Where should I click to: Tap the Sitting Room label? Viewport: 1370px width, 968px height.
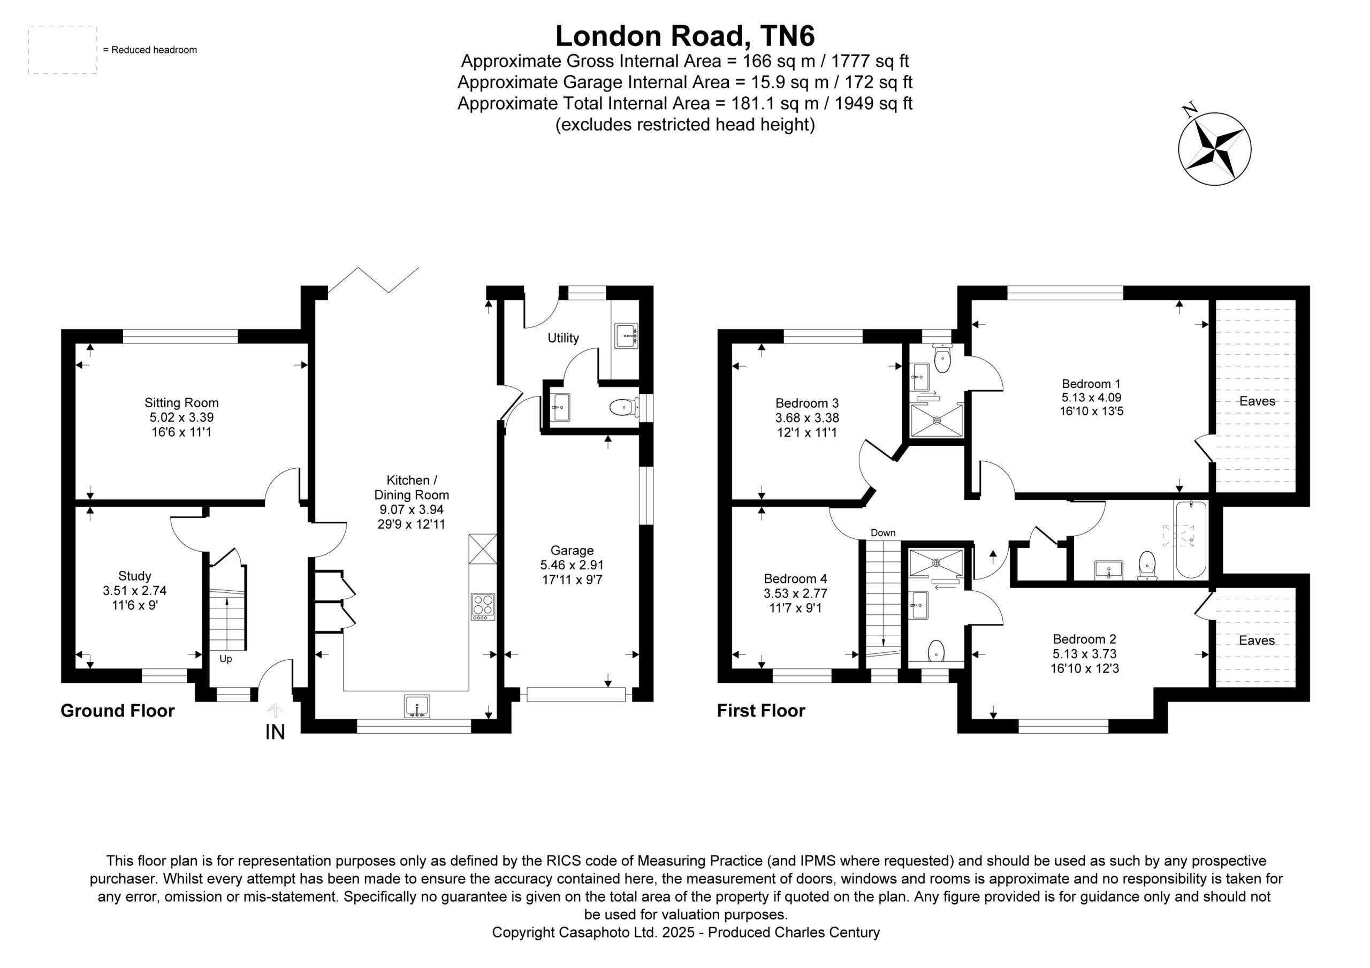(x=181, y=403)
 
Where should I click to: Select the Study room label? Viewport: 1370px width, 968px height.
(x=134, y=576)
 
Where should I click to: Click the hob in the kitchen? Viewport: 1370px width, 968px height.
(x=483, y=606)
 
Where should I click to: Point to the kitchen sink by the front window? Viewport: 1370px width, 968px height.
(x=416, y=706)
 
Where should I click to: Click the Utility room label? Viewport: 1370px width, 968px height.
(x=564, y=338)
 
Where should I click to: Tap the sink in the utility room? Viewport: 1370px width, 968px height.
(x=626, y=336)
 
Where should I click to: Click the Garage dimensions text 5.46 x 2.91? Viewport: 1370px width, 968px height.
(x=572, y=565)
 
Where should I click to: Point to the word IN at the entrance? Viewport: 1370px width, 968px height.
(x=275, y=732)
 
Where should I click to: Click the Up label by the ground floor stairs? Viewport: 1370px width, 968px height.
(x=225, y=659)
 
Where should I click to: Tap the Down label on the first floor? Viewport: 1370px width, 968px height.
(x=883, y=533)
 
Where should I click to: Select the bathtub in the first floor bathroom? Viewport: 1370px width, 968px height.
(x=1190, y=540)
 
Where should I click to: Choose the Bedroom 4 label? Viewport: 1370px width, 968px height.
(x=795, y=578)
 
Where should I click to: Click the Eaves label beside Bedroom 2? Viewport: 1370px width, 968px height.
(x=1257, y=641)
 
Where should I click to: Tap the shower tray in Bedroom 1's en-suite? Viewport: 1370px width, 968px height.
(x=936, y=421)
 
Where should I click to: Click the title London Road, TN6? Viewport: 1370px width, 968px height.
(x=685, y=36)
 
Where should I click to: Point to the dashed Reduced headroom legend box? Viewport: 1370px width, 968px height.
(x=63, y=50)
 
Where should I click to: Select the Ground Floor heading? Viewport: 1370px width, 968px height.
(x=118, y=711)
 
